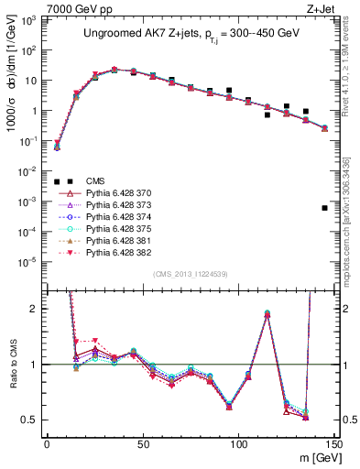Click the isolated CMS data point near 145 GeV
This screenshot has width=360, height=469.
click(325, 208)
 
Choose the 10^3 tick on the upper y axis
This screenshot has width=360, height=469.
click(29, 20)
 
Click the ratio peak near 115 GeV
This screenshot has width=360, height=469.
click(267, 313)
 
